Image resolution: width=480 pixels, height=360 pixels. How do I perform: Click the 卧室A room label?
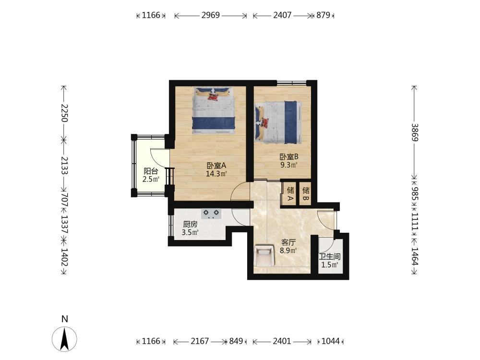click(216, 166)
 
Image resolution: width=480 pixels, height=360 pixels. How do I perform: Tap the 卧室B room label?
click(289, 157)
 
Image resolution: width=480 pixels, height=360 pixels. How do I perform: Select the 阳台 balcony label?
click(151, 171)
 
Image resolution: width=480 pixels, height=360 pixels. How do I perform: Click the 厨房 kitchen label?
click(190, 224)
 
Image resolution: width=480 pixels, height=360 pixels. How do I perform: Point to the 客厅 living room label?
click(288, 242)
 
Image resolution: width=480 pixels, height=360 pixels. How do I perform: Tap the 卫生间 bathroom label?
click(330, 256)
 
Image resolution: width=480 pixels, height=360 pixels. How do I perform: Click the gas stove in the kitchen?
click(211, 214)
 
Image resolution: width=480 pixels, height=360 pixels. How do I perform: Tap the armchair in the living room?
click(264, 255)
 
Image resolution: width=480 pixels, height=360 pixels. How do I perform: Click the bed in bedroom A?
click(214, 110)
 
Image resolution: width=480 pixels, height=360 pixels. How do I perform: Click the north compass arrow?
click(64, 339)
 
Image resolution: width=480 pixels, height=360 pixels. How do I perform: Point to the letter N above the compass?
click(64, 319)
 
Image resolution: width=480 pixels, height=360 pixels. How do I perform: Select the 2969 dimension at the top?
click(211, 15)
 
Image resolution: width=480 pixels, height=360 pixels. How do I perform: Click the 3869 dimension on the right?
click(415, 132)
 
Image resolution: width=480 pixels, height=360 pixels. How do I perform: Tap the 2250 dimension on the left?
click(64, 113)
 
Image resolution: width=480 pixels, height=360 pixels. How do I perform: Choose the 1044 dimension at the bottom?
click(331, 341)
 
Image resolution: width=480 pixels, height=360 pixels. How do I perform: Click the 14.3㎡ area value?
click(216, 174)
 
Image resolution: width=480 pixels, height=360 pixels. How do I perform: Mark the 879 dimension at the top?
click(323, 15)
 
